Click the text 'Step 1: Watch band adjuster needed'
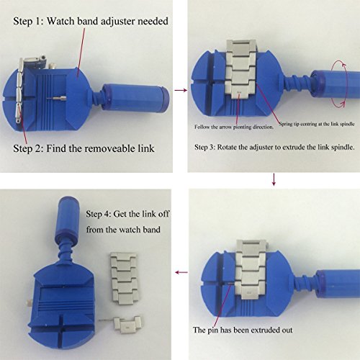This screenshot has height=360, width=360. click(x=91, y=21)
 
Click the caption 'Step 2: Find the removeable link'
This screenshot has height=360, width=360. click(x=84, y=148)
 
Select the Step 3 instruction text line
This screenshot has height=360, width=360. click(x=274, y=147)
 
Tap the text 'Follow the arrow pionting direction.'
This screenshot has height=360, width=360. click(x=234, y=127)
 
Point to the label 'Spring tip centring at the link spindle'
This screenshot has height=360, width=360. click(x=317, y=124)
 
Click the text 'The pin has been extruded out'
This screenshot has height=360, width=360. click(x=243, y=330)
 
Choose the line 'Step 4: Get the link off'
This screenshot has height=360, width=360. click(x=127, y=214)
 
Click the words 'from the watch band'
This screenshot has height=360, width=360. click(x=123, y=230)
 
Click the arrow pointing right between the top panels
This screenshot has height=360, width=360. click(x=181, y=90)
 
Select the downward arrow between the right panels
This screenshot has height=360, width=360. click(x=274, y=179)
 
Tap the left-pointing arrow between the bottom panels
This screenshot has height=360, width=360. click(x=181, y=272)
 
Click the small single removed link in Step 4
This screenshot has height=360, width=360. click(x=127, y=325)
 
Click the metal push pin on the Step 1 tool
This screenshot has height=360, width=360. click(x=57, y=98)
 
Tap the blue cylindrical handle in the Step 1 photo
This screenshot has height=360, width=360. click(x=136, y=98)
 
